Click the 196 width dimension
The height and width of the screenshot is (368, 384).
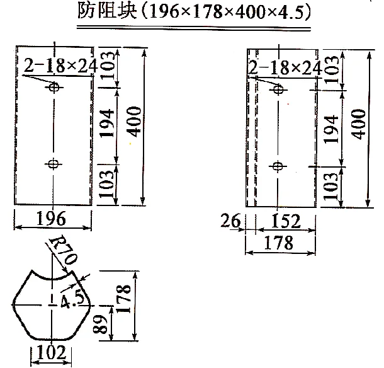[52, 219]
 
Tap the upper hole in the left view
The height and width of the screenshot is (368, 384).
[54, 88]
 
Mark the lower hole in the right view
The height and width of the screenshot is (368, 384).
[277, 166]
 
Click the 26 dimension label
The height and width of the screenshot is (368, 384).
[232, 221]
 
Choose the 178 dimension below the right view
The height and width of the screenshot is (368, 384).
[279, 242]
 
